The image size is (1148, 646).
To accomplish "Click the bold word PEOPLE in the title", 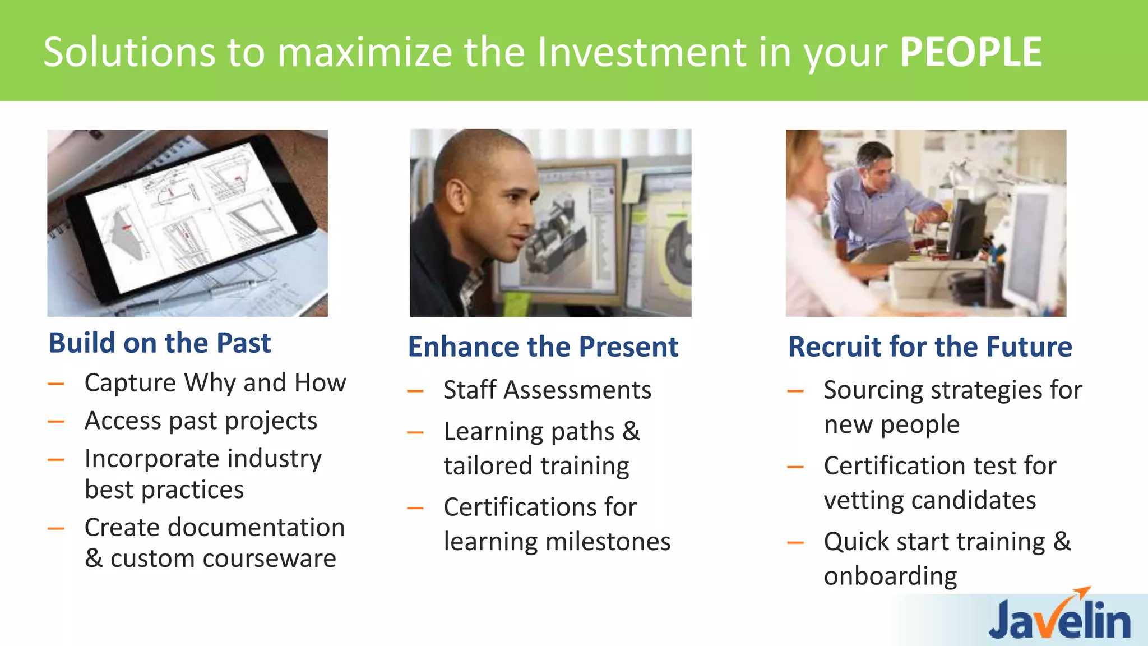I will pos(970,52).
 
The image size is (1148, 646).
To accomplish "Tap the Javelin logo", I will pos(1059,619).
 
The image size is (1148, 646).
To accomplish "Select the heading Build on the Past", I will pos(160,343).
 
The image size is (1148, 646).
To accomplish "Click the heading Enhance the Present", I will pos(543,347).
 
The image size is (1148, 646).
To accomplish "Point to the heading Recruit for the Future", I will pos(929,347).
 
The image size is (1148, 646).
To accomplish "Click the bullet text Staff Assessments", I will pos(547,390).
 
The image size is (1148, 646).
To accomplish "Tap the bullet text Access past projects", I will pos(201,421).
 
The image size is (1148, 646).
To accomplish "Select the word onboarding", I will pos(890,576).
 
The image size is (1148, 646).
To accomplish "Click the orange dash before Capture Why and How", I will pos(56,384).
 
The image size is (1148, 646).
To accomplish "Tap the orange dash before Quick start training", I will pos(795,542).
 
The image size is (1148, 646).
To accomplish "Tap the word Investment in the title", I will pos(641,52).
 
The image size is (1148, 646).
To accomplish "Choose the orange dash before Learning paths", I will pos(415,432).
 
